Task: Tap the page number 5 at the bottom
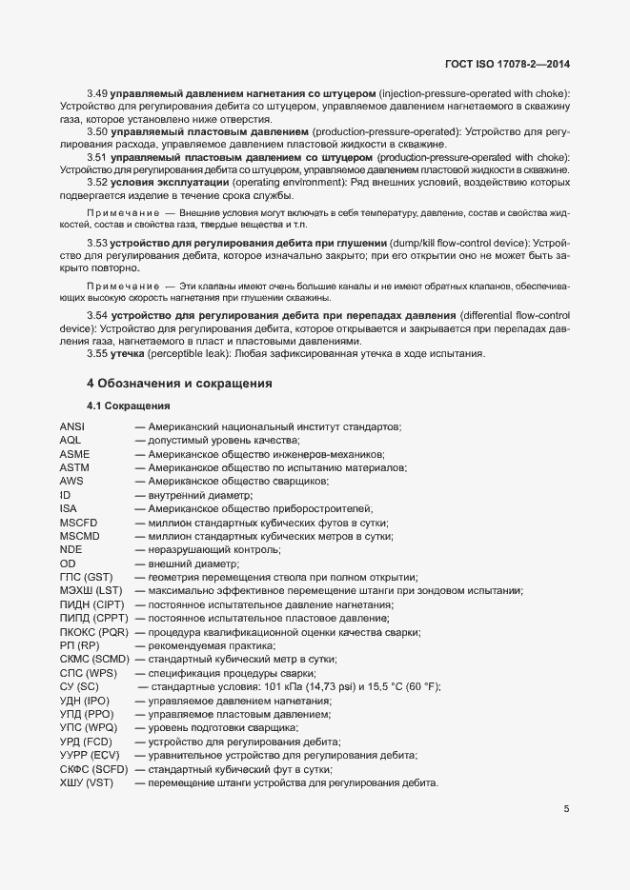coord(566,810)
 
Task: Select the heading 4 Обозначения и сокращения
coord(179,384)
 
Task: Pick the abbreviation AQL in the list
coord(71,440)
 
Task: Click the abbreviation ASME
coord(74,454)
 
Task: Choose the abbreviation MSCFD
coord(79,523)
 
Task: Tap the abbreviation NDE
coord(71,550)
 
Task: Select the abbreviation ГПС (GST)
coord(86,578)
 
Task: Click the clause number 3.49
coord(96,94)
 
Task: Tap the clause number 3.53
coord(96,243)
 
